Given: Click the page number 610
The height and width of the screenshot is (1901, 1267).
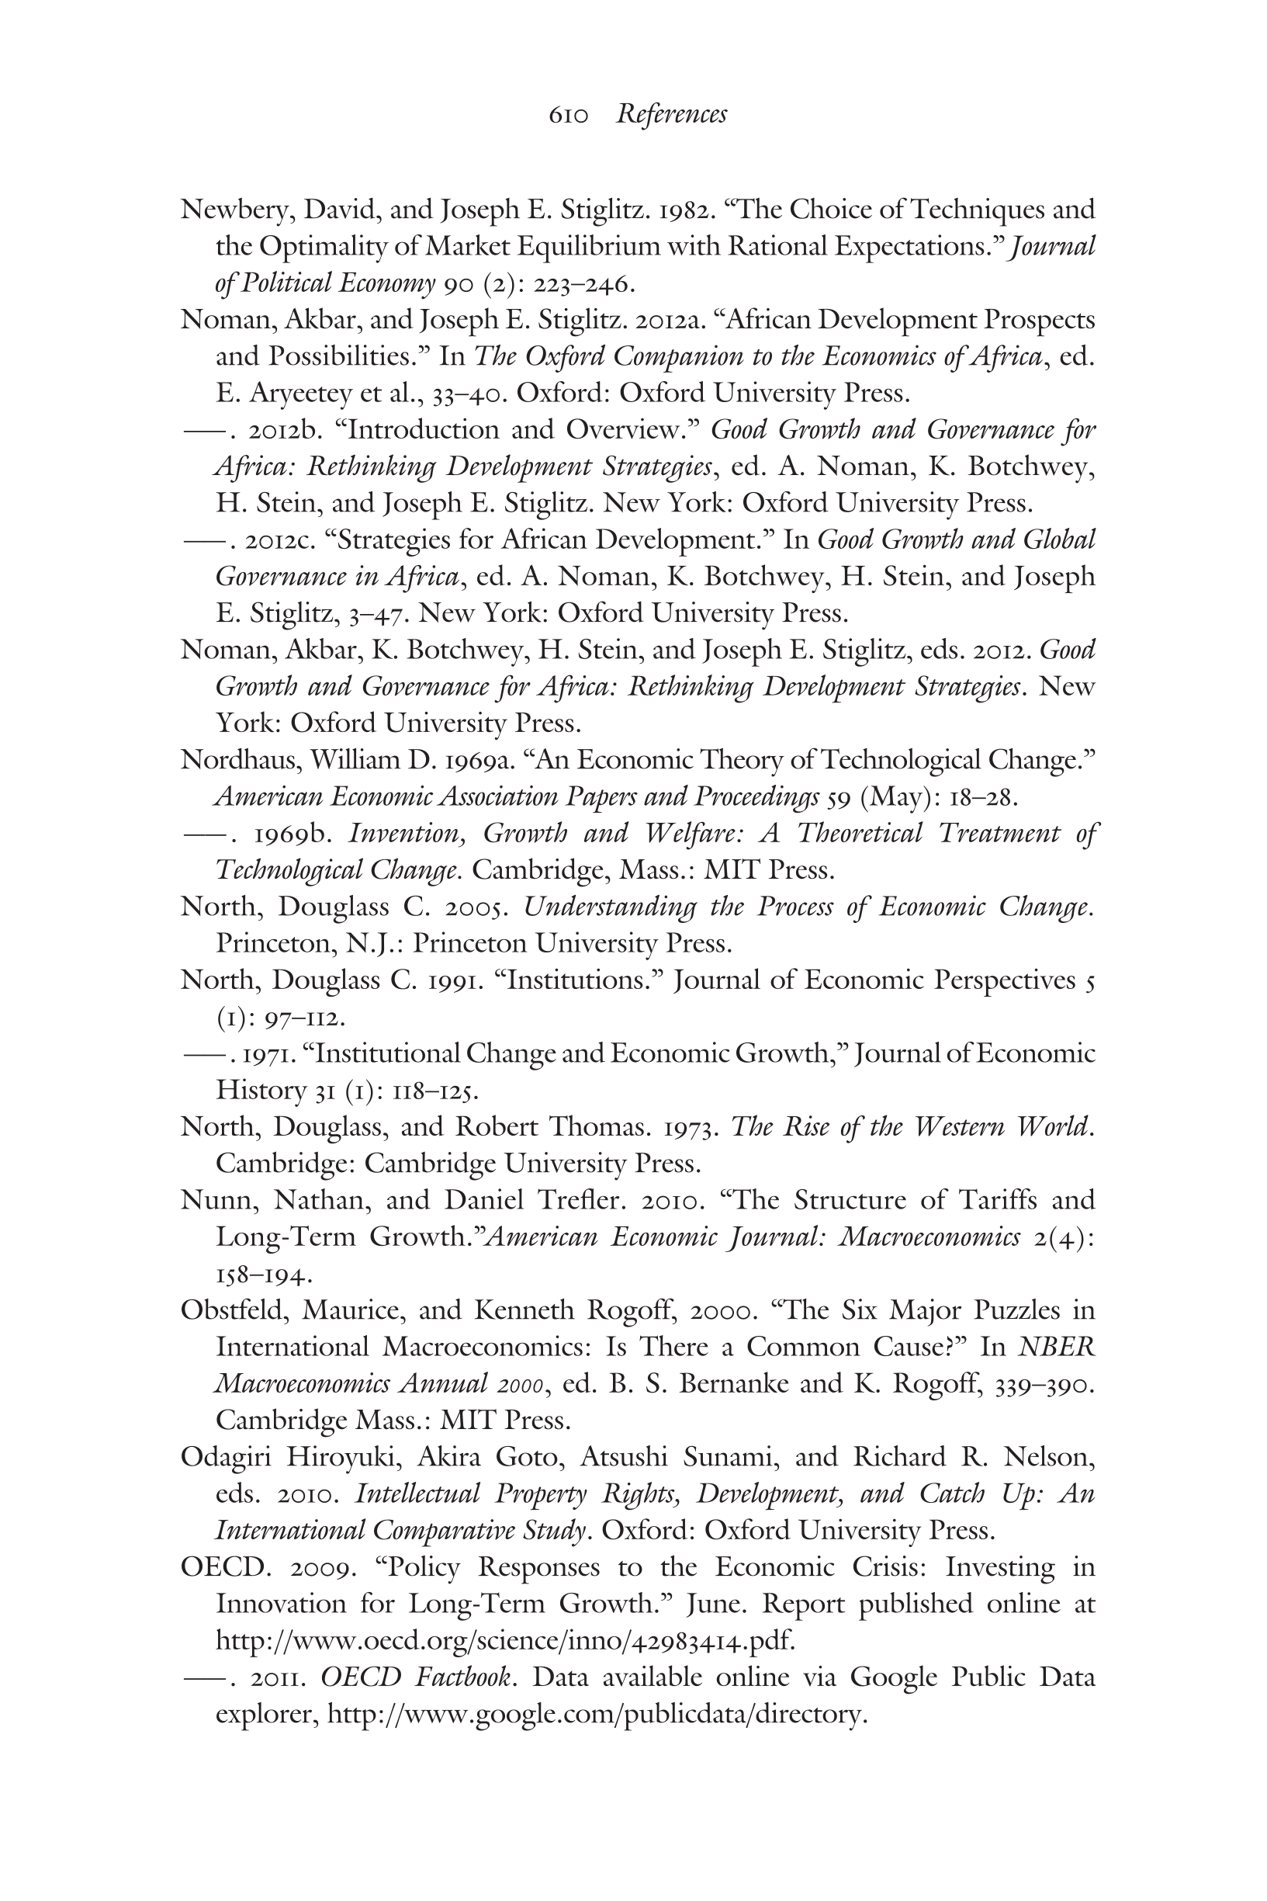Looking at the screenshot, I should tap(568, 115).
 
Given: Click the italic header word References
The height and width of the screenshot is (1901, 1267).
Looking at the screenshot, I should tap(671, 114).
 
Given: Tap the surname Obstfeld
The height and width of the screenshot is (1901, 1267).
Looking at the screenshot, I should tap(234, 1310).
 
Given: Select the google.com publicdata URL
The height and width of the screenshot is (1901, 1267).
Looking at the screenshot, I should tap(597, 1714).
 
